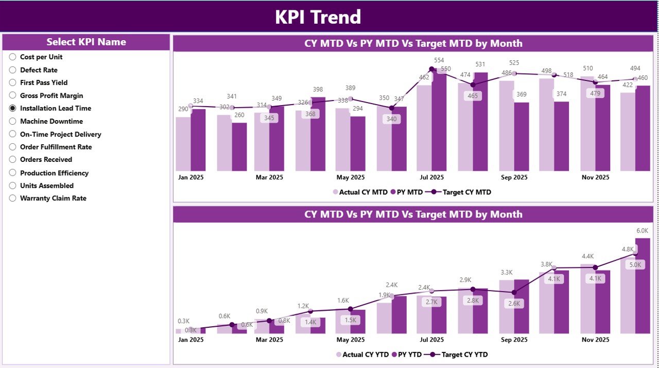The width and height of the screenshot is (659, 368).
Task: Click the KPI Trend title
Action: (x=318, y=17)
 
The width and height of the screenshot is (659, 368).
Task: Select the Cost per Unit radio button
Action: (x=13, y=57)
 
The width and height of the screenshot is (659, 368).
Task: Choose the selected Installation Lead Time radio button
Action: (x=13, y=108)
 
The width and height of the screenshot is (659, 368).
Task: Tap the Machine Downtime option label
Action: (x=51, y=121)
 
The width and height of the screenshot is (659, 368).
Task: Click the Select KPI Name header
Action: (x=86, y=42)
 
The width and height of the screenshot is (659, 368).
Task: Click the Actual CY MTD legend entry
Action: (x=360, y=192)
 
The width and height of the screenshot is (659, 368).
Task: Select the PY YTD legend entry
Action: (x=407, y=355)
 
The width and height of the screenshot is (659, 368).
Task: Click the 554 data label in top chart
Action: (x=439, y=60)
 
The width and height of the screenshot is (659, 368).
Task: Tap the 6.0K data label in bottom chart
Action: (x=642, y=230)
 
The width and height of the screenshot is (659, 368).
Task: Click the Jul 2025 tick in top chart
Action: (x=431, y=177)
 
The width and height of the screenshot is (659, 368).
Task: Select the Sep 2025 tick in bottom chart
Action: (x=513, y=340)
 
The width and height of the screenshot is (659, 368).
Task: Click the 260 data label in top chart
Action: (x=239, y=115)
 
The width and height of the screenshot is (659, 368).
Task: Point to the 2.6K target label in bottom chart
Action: (x=514, y=304)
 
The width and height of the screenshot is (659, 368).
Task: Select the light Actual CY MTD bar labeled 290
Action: (x=183, y=144)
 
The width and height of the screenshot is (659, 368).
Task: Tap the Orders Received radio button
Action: (x=13, y=160)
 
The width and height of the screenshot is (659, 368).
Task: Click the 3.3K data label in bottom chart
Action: (x=506, y=272)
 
